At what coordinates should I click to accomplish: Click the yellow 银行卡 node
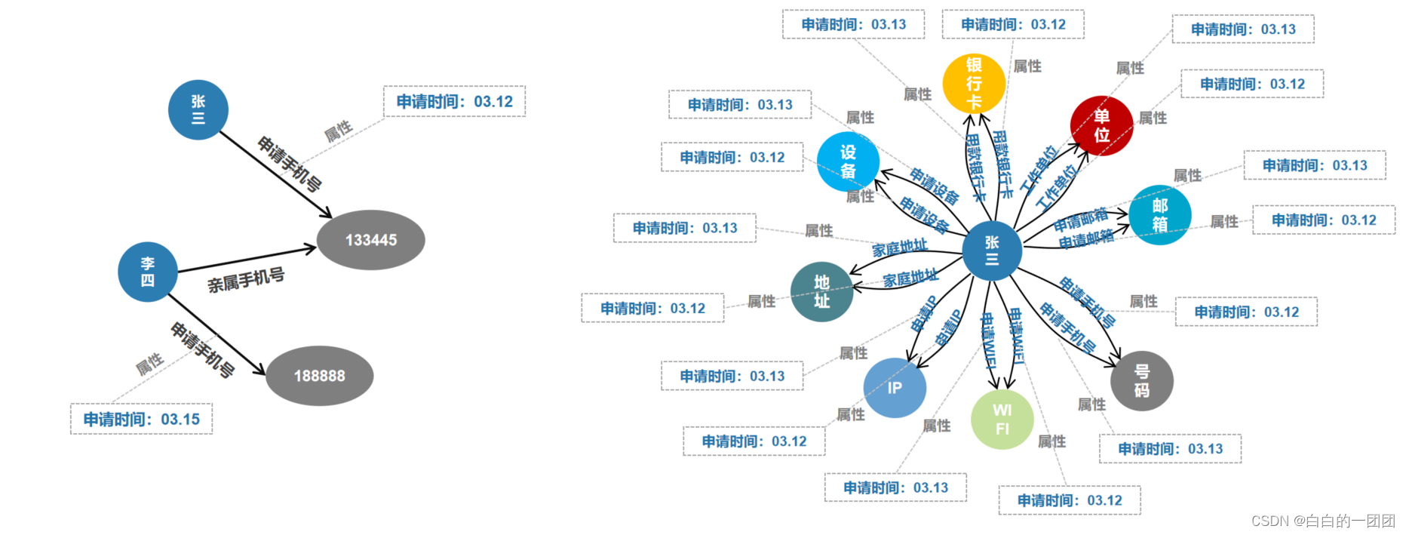click(x=974, y=83)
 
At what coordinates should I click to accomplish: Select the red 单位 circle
click(x=1101, y=126)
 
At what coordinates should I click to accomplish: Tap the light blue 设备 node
click(x=848, y=161)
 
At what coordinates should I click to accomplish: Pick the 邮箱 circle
click(x=1159, y=215)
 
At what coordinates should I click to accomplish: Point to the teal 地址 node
click(x=821, y=291)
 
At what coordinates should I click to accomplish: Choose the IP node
click(x=895, y=388)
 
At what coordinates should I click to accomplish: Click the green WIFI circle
click(x=1002, y=420)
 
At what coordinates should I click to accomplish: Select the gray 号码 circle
click(x=1141, y=380)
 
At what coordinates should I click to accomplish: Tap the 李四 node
click(x=148, y=272)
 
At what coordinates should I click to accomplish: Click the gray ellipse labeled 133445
click(x=370, y=240)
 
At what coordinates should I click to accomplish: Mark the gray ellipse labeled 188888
click(x=319, y=376)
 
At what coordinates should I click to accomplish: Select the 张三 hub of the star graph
click(x=992, y=251)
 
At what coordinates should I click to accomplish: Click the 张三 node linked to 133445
click(x=198, y=110)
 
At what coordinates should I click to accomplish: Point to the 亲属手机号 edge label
click(x=246, y=281)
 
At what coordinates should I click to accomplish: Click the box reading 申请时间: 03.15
click(x=141, y=419)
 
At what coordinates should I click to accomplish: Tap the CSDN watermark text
click(x=1322, y=521)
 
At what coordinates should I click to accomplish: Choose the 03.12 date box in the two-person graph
click(x=454, y=101)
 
